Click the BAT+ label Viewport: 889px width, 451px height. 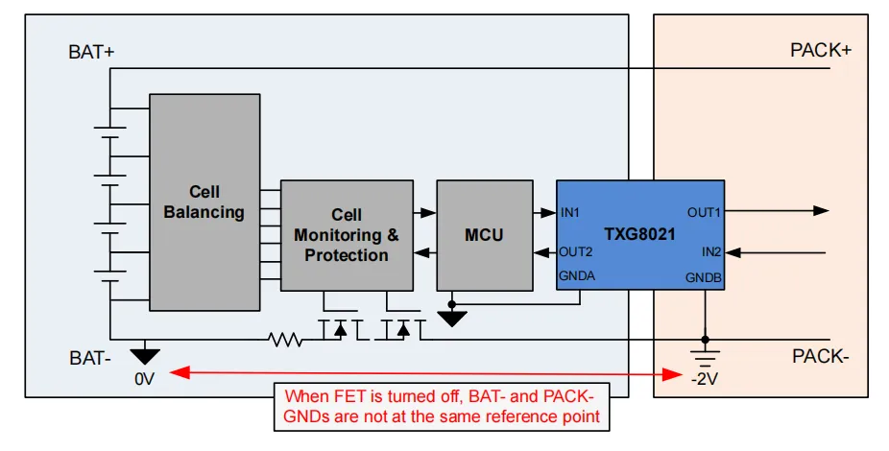tap(91, 53)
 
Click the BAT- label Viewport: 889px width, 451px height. tap(89, 357)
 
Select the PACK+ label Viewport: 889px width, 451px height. tap(820, 51)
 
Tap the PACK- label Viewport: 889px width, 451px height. tap(820, 357)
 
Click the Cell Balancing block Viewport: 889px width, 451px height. tap(204, 202)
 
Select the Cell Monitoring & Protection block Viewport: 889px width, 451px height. tap(346, 235)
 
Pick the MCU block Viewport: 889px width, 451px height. tap(483, 235)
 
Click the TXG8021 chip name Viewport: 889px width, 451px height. tap(639, 234)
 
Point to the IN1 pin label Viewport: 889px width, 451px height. tap(570, 212)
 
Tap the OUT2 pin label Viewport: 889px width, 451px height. tap(576, 252)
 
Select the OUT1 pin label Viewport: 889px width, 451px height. tap(704, 212)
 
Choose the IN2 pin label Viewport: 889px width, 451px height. tap(710, 252)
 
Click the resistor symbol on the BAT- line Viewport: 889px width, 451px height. tap(285, 339)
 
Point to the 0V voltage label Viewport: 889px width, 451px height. tap(144, 379)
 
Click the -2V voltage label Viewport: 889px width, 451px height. tap(705, 379)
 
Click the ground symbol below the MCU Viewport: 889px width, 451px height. tap(451, 318)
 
